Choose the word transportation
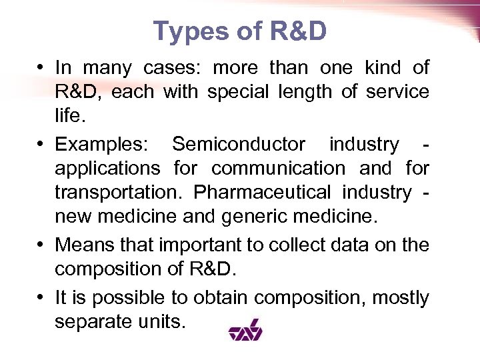[119, 192]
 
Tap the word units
[163, 322]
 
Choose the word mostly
[401, 298]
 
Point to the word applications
[107, 168]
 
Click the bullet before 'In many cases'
[41, 68]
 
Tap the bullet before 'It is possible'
[41, 298]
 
